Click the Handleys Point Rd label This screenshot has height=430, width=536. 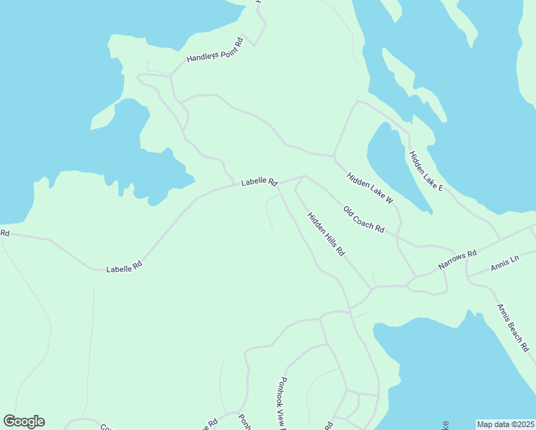pos(215,49)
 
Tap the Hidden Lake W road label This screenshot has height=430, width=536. pos(370,188)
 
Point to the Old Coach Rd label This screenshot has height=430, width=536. pos(364,220)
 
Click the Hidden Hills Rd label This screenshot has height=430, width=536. pos(326,234)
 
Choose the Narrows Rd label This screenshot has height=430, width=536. pos(458,261)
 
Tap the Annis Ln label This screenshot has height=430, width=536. pos(504,262)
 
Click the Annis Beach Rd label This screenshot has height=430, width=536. pos(513,328)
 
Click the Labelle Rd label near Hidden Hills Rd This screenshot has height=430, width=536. pos(259,182)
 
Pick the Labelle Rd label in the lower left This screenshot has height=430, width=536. pos(124,267)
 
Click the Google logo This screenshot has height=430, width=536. pos(24,421)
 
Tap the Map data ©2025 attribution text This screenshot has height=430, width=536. pos(504,424)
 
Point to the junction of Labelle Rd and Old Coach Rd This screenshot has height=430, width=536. pos(305,176)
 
